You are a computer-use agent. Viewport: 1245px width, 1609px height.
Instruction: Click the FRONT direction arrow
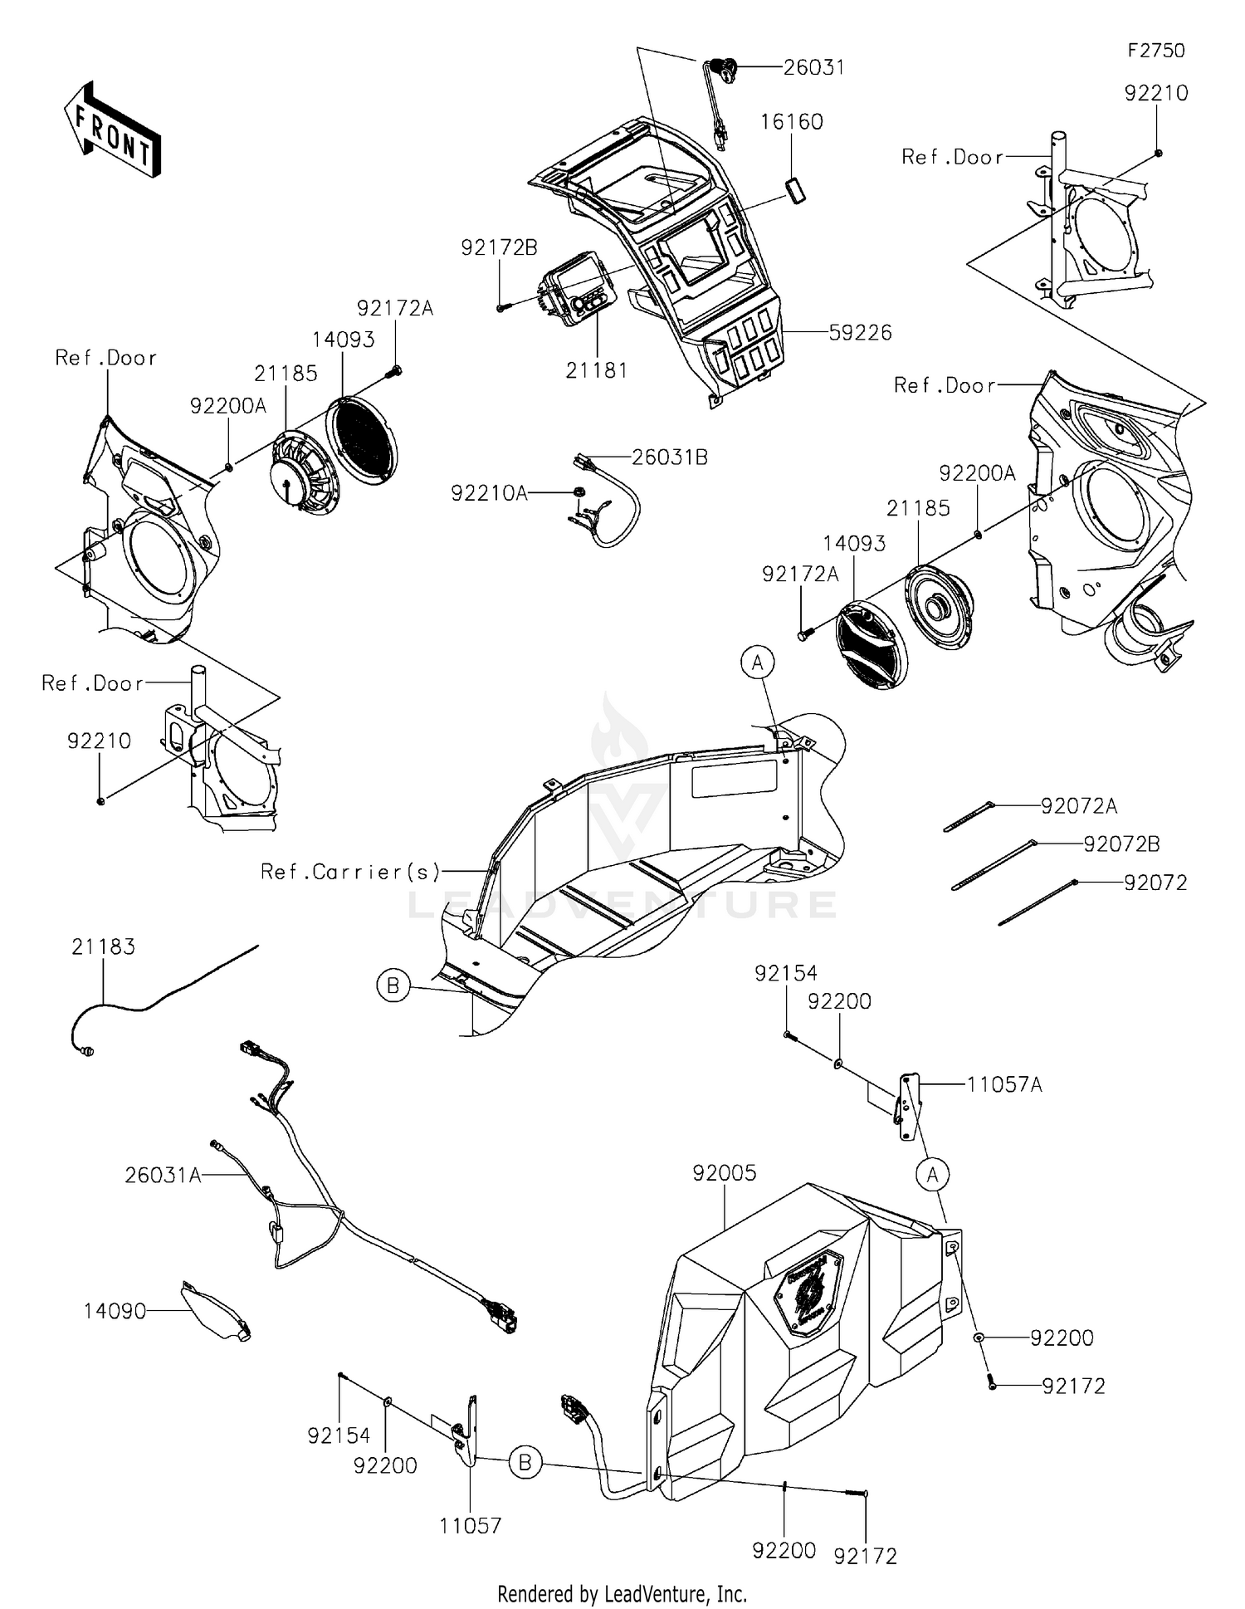click(x=112, y=130)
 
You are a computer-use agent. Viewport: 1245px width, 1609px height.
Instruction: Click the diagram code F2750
click(x=1155, y=51)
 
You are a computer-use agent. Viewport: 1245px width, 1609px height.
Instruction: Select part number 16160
click(x=792, y=122)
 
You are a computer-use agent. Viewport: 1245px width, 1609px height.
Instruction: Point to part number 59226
click(x=860, y=333)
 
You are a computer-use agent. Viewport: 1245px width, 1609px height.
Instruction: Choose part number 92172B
click(x=499, y=247)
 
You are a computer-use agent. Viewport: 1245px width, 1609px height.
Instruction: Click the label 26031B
click(x=669, y=457)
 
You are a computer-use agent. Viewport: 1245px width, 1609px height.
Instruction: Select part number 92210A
click(x=489, y=493)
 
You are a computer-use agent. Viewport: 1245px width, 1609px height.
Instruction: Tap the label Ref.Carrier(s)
click(x=350, y=872)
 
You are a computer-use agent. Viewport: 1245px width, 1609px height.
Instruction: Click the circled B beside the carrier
click(x=393, y=985)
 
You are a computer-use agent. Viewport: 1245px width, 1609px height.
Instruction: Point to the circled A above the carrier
click(x=757, y=663)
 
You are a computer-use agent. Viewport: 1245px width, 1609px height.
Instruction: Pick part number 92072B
click(x=1121, y=844)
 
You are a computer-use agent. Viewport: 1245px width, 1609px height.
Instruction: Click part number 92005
click(x=725, y=1173)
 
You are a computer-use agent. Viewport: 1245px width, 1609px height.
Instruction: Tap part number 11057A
click(x=1004, y=1084)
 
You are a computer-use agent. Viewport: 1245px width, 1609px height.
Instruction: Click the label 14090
click(x=115, y=1311)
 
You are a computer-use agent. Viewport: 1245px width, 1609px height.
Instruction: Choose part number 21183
click(x=103, y=946)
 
